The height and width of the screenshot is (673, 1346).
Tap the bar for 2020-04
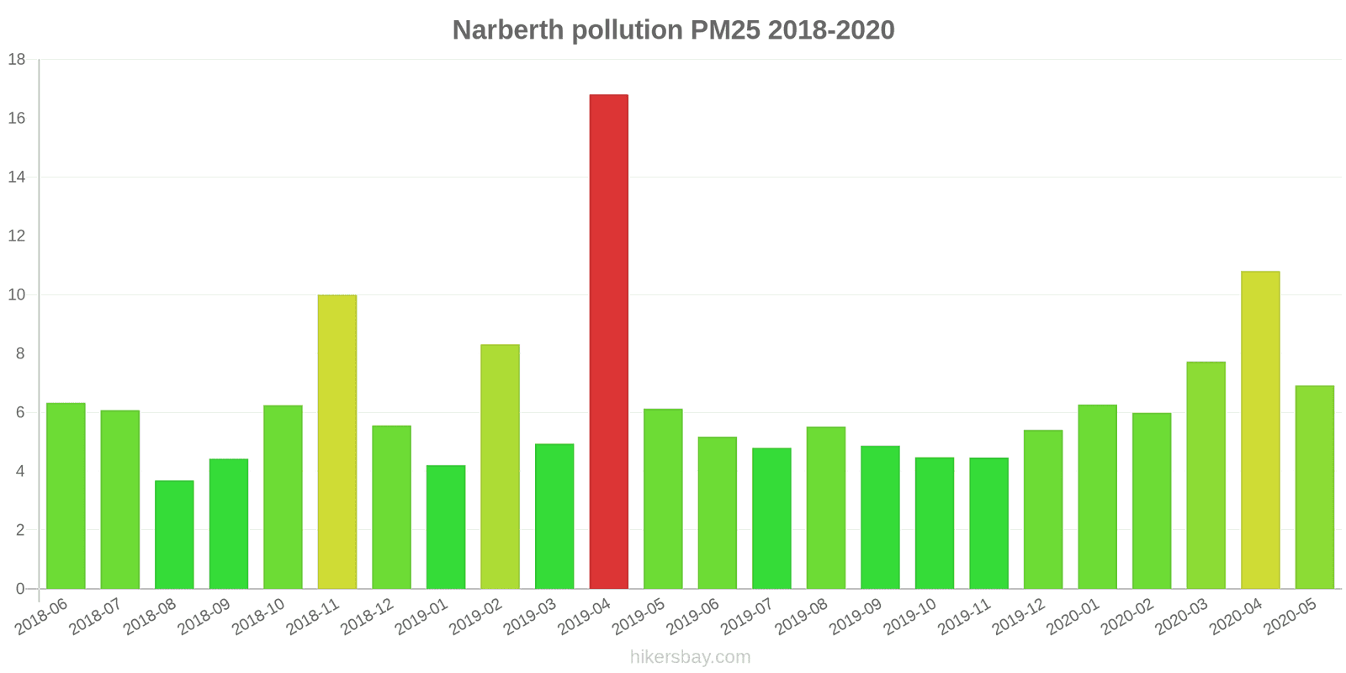(x=1259, y=430)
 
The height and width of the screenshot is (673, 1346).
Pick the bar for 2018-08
(x=174, y=535)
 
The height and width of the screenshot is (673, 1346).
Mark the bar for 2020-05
(x=1314, y=487)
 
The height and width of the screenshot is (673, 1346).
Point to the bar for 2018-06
(x=66, y=496)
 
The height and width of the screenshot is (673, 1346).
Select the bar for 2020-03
(x=1206, y=475)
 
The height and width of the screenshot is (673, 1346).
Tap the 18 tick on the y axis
(x=17, y=60)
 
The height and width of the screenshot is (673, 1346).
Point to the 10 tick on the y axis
(x=17, y=295)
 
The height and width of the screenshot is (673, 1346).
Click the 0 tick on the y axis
(x=20, y=589)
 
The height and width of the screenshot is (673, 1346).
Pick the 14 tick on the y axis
(x=17, y=178)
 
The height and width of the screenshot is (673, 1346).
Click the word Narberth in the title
(x=507, y=30)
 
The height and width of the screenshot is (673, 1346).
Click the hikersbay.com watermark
(x=690, y=657)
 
